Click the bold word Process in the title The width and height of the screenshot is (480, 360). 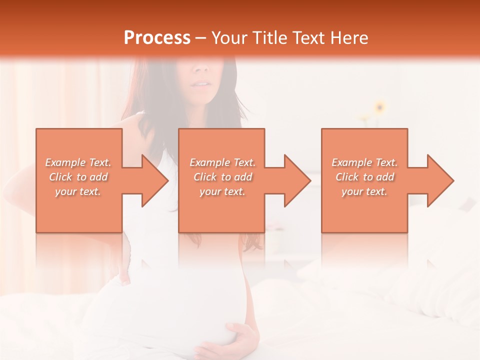[x=157, y=38]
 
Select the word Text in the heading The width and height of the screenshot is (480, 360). [x=307, y=38]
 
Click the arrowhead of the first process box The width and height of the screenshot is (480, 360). [x=152, y=180]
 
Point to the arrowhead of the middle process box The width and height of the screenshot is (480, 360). [x=295, y=180]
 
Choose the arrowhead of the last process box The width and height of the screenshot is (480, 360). [x=438, y=180]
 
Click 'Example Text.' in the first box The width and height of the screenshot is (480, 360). [x=78, y=162]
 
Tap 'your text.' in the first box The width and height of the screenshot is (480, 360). [x=78, y=191]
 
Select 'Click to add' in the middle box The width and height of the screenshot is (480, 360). [x=222, y=177]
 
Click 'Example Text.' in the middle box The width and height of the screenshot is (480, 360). [x=222, y=162]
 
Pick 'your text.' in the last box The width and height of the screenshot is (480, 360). [x=364, y=191]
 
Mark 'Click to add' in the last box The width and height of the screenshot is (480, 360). [x=364, y=177]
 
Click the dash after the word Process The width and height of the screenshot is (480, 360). [x=200, y=38]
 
